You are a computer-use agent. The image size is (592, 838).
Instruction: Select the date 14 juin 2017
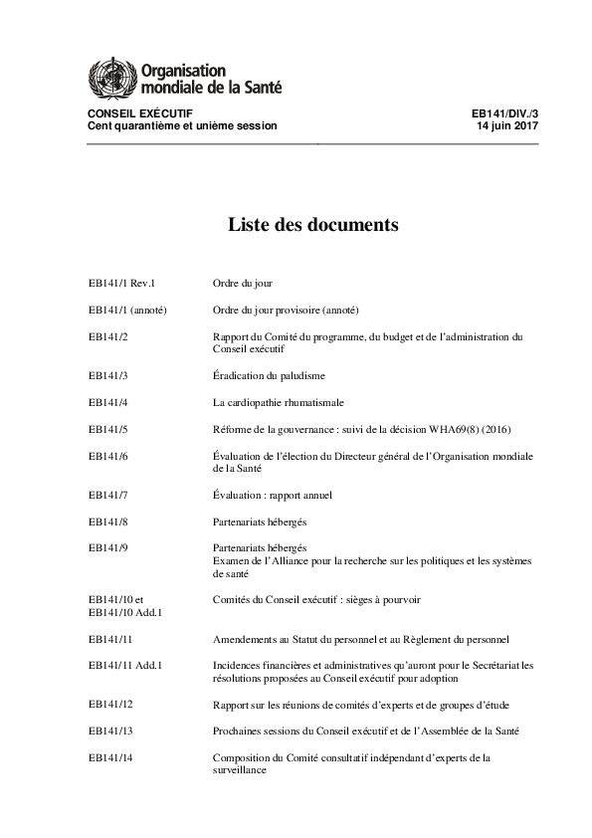point(508,126)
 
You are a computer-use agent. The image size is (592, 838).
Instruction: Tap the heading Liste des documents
point(313,225)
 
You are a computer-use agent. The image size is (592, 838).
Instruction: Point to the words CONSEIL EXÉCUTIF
point(140,114)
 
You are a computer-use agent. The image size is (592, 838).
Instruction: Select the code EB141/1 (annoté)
point(127,310)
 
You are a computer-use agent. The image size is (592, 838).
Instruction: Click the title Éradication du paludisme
point(269,376)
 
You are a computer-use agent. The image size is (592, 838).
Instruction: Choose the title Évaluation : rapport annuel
point(273,494)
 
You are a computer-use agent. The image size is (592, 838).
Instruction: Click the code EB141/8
point(108,520)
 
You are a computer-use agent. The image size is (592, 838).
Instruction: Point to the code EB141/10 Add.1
point(126,612)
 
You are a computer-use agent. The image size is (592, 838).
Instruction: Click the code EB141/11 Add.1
point(125,665)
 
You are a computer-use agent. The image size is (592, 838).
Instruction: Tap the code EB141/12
point(110,705)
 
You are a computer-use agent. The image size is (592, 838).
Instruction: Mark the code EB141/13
point(110,731)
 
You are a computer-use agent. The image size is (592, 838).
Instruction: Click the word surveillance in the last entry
point(240,770)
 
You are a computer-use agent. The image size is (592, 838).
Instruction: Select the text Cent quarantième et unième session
point(182,126)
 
